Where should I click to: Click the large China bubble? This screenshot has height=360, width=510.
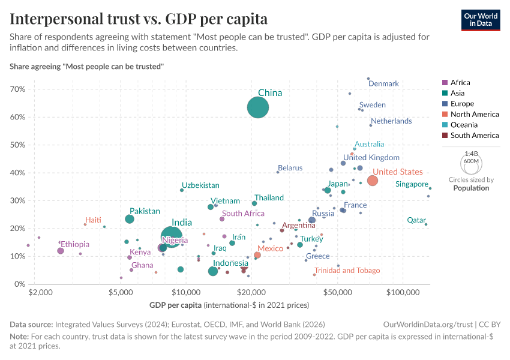coord(258,108)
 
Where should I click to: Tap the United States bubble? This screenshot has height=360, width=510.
coord(373,181)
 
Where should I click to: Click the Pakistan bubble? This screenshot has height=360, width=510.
coord(130,219)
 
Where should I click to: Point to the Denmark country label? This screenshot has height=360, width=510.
coord(383,84)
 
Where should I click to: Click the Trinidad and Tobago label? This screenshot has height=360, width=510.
coord(347,271)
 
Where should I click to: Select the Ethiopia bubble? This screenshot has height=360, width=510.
coord(61,251)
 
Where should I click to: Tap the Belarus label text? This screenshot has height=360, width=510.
coord(290,168)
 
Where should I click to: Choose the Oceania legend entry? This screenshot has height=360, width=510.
coord(466,125)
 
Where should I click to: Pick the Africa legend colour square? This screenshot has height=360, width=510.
coord(444,83)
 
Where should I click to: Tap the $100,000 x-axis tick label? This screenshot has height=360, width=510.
coord(403,292)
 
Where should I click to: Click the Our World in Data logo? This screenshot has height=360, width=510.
coord(481,19)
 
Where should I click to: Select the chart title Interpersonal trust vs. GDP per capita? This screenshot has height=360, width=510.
coord(139,19)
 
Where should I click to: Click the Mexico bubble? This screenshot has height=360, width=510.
coord(257,255)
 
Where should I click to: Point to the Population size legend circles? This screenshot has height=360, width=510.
coord(471,163)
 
